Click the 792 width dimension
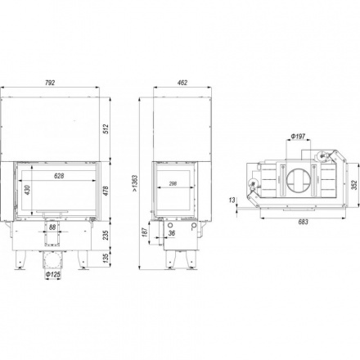(x=50, y=83)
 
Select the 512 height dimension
(x=106, y=128)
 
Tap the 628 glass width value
(x=59, y=176)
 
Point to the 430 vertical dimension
(x=28, y=190)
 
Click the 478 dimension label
(x=106, y=191)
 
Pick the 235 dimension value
(x=106, y=235)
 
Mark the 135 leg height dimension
(x=106, y=258)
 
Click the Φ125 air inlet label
(x=53, y=275)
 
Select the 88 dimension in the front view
(x=52, y=227)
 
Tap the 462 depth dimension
(x=182, y=83)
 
